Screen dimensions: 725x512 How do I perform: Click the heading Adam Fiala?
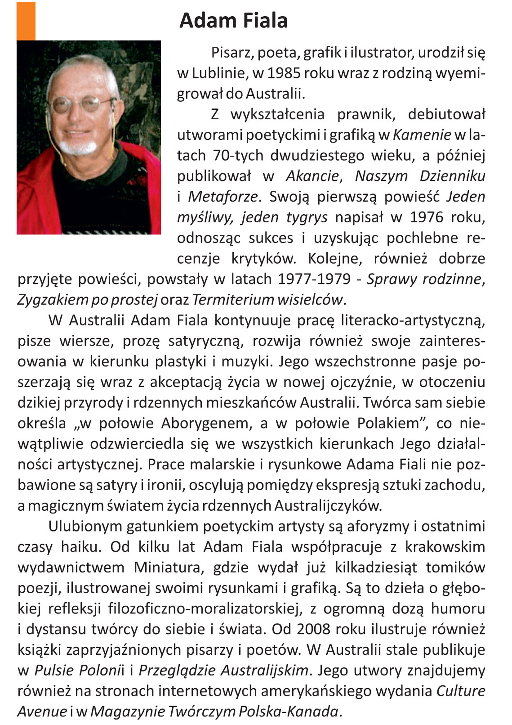pos(233,21)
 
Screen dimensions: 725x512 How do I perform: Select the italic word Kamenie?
pos(422,135)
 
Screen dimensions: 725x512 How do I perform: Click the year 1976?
pos(427,217)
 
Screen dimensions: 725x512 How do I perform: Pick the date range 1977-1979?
pos(314,279)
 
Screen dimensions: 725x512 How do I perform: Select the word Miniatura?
pos(167,568)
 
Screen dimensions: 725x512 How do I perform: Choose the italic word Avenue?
pos(42,712)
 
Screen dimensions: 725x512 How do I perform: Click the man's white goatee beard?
pos(78,147)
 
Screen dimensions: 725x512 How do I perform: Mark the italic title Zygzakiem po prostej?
pos(87,300)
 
